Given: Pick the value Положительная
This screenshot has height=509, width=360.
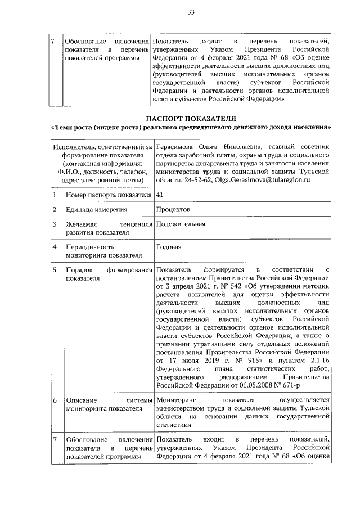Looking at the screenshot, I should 181,224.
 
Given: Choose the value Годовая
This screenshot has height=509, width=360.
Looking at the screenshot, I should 169,246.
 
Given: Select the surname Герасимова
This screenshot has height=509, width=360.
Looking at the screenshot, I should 179,147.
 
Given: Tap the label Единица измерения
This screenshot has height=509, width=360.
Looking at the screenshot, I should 96,209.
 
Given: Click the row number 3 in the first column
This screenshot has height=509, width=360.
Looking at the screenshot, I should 54,224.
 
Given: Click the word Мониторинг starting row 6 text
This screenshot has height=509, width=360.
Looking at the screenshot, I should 178,400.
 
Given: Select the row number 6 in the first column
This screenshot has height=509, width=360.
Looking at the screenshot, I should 54,400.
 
